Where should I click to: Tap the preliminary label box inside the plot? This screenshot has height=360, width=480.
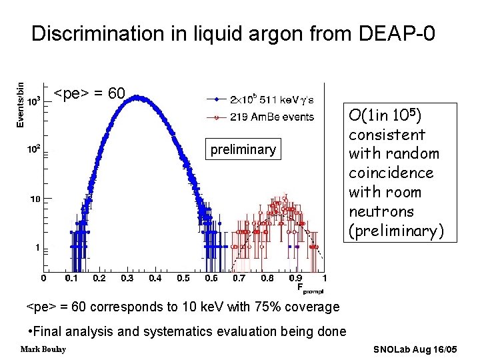(x=243, y=149)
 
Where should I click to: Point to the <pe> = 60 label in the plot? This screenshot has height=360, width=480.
(x=89, y=93)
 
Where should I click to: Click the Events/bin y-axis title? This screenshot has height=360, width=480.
(x=20, y=104)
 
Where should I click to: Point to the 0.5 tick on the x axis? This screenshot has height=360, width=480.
(x=182, y=278)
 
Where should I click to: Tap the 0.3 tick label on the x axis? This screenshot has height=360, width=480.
(x=127, y=278)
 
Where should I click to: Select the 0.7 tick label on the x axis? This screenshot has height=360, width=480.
(x=238, y=278)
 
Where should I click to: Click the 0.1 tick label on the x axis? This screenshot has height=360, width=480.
(x=71, y=278)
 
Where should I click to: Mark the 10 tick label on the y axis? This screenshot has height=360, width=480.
(x=35, y=199)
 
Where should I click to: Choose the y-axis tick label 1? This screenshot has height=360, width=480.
(x=37, y=248)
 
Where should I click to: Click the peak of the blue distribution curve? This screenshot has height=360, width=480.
(x=136, y=97)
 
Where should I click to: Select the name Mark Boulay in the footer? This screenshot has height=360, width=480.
(x=43, y=349)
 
